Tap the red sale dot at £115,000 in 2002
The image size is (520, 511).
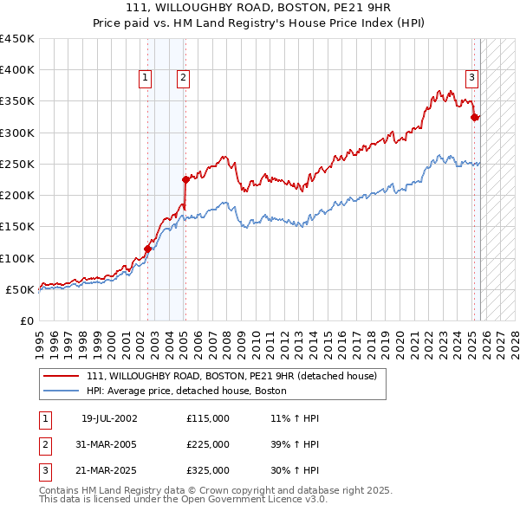click(x=147, y=249)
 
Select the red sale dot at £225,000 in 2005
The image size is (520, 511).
click(x=185, y=180)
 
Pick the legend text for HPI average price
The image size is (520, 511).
click(x=186, y=391)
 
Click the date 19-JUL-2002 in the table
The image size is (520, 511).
click(x=109, y=418)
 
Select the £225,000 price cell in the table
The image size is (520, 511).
click(x=208, y=444)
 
